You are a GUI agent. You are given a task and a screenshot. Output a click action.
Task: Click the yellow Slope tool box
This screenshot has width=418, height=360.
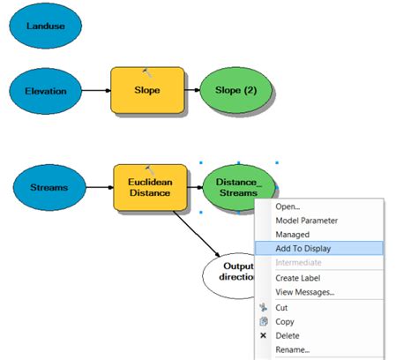point(147,90)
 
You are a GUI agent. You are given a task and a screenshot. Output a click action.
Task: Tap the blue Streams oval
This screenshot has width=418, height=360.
point(49,187)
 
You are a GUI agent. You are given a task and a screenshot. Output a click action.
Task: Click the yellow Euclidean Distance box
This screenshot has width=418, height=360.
point(150,187)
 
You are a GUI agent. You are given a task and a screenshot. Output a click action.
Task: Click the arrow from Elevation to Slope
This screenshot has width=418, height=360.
point(95,90)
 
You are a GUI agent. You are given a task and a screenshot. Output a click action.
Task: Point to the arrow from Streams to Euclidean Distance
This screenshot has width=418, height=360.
point(99,187)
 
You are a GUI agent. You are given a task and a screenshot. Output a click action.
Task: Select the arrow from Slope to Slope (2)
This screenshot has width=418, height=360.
point(192,90)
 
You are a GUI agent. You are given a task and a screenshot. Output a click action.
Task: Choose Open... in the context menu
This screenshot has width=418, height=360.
point(287,206)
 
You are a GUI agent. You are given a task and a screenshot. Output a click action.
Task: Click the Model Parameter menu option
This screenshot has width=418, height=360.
point(306,221)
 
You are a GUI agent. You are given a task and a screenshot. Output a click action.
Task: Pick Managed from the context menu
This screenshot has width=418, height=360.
point(293,235)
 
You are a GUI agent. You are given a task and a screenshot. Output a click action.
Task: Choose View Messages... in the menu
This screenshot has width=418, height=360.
point(305,292)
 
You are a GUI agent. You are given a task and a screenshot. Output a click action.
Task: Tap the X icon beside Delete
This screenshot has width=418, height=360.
point(264,336)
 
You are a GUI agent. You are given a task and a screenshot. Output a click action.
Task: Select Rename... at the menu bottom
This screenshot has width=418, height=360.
point(293,350)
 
